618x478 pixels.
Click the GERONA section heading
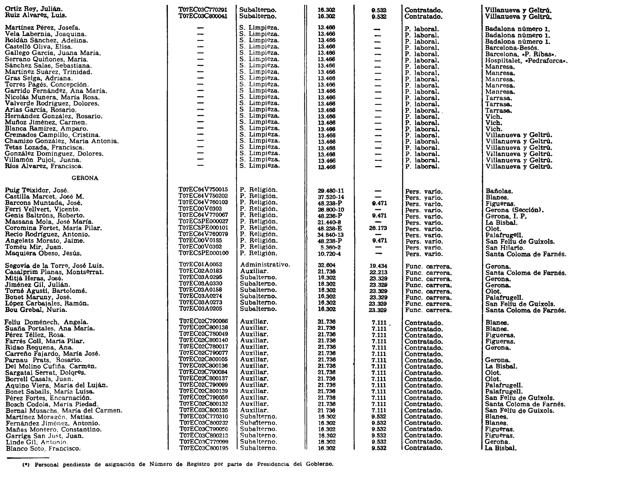click(x=85, y=178)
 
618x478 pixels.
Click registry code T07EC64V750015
click(x=203, y=190)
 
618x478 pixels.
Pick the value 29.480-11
click(x=331, y=191)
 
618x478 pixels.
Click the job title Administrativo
click(x=265, y=265)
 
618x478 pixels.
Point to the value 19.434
click(x=378, y=266)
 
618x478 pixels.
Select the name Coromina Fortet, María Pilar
click(x=53, y=228)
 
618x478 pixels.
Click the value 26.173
click(x=378, y=228)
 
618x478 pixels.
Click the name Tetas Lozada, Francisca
click(x=44, y=148)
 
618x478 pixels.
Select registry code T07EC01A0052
click(x=201, y=265)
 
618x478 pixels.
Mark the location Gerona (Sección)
click(x=514, y=210)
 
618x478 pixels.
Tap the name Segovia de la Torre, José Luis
click(x=54, y=266)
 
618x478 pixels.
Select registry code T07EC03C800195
click(x=204, y=448)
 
